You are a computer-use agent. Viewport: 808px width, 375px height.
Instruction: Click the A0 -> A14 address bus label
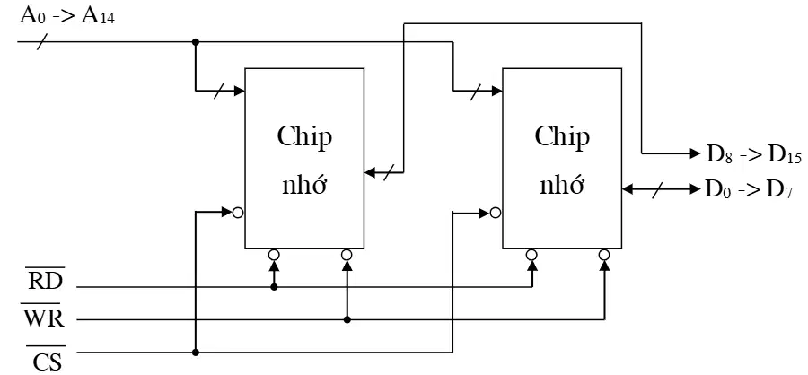(x=67, y=15)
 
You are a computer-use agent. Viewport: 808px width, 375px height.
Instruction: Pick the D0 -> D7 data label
(x=748, y=189)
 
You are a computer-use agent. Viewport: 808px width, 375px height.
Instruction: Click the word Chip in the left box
(x=304, y=138)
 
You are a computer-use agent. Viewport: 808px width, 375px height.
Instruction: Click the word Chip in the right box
(x=562, y=138)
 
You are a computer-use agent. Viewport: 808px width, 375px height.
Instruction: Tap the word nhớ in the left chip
(x=304, y=184)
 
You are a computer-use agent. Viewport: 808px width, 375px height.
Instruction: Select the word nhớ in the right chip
(x=562, y=184)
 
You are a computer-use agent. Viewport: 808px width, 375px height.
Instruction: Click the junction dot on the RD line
(x=274, y=287)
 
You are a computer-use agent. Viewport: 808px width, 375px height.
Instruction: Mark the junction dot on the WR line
(x=347, y=320)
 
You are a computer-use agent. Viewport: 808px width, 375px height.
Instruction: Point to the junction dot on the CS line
(x=196, y=353)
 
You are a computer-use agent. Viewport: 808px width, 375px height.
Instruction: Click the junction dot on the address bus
(x=196, y=41)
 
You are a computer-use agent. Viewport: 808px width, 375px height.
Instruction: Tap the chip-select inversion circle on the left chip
(x=238, y=212)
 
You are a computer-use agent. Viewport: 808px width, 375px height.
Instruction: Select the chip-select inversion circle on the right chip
(x=496, y=212)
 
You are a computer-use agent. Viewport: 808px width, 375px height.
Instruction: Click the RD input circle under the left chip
(x=274, y=255)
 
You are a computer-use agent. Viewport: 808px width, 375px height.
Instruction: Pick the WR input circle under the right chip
(x=604, y=255)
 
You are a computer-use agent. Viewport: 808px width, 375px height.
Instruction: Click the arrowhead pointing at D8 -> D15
(x=694, y=153)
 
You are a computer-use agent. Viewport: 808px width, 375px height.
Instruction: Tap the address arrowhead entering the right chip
(x=496, y=91)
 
